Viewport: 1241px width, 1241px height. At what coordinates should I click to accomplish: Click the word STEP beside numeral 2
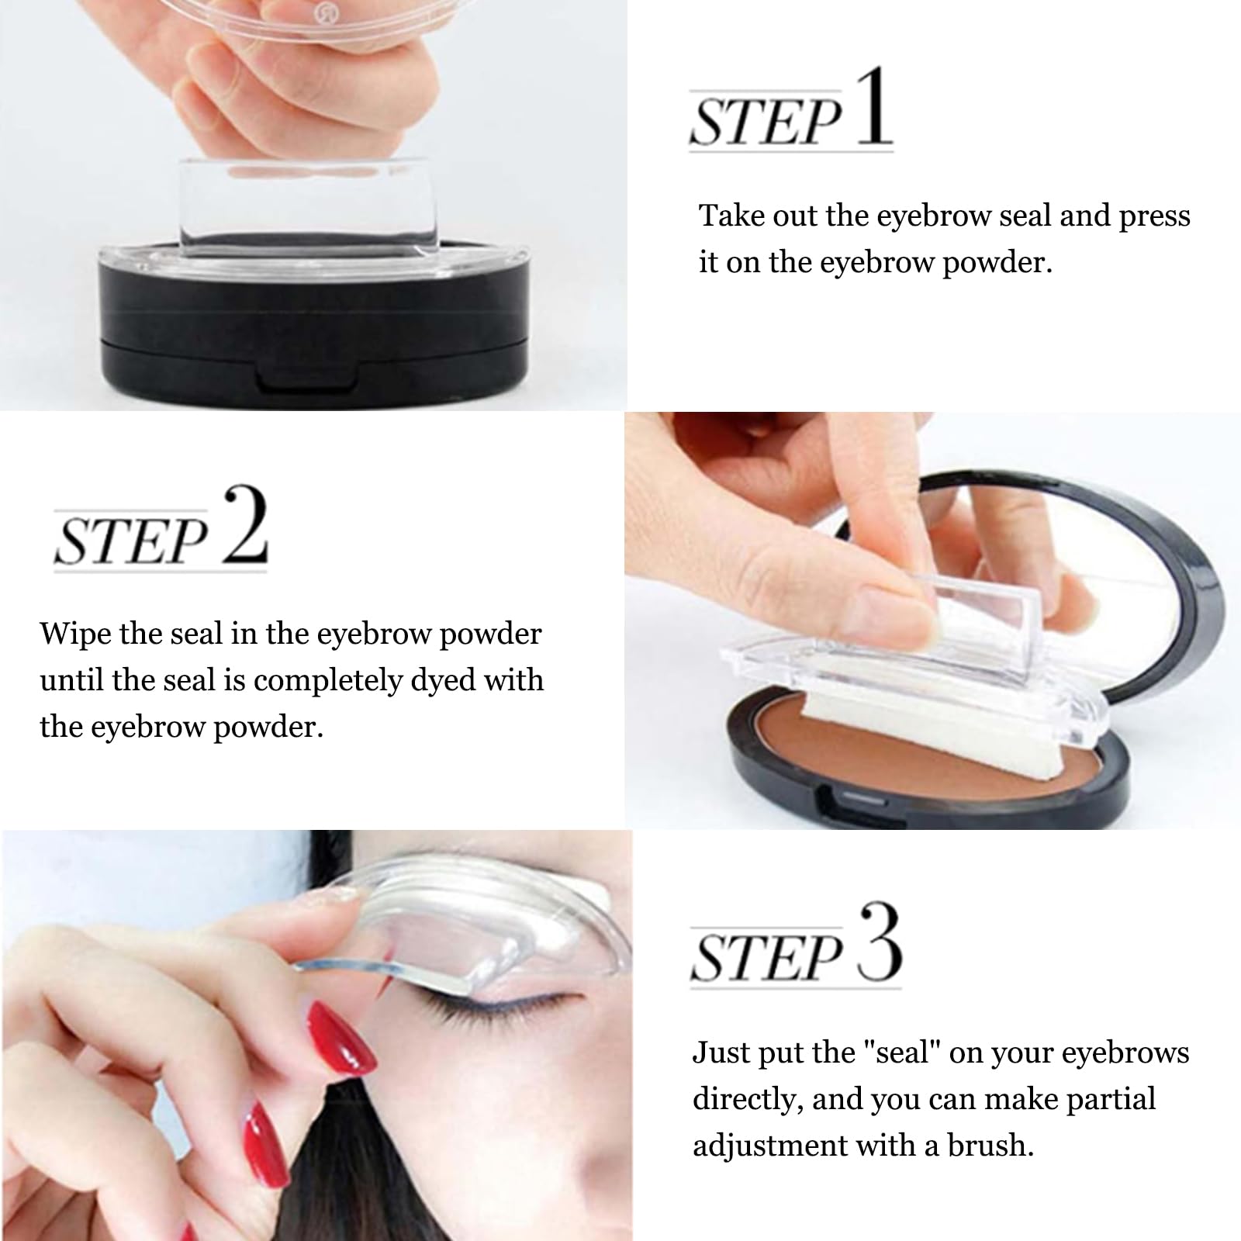pyautogui.click(x=132, y=541)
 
